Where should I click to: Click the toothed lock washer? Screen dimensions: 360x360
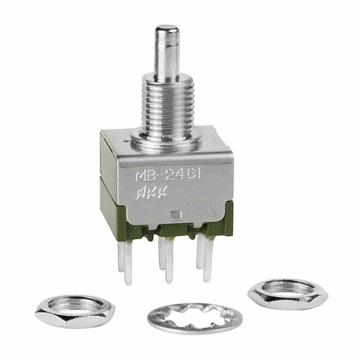point(195,318)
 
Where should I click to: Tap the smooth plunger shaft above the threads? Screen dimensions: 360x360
point(166,59)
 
